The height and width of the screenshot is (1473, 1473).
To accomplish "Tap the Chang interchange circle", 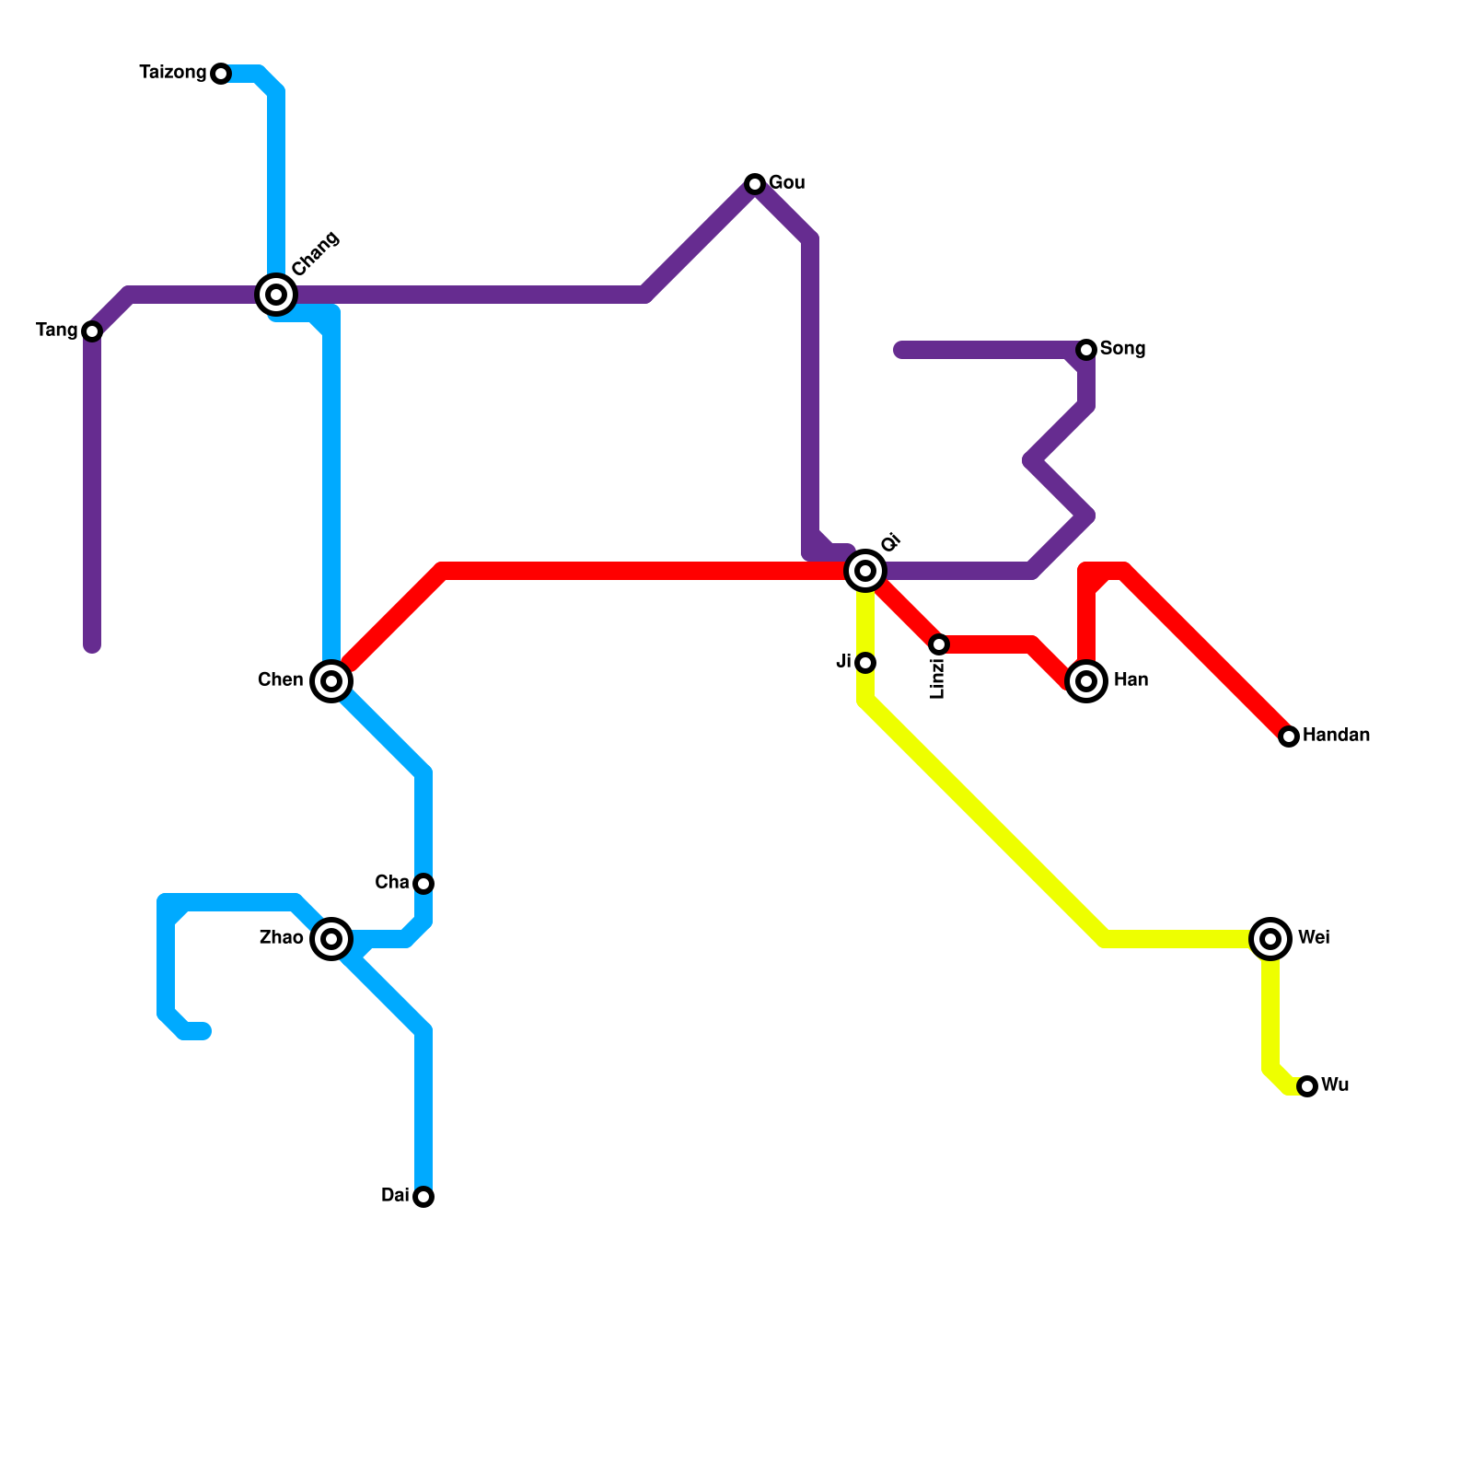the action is pyautogui.click(x=276, y=295).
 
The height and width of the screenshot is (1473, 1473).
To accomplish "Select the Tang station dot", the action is pyautogui.click(x=92, y=331).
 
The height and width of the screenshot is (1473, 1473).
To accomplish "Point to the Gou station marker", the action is pyautogui.click(x=755, y=184).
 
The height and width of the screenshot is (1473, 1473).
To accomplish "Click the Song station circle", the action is pyautogui.click(x=1086, y=350).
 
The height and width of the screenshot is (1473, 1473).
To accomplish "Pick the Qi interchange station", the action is pyautogui.click(x=865, y=571).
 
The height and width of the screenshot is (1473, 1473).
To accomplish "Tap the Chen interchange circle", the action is pyautogui.click(x=331, y=681).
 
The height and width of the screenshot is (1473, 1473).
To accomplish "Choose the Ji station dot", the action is pyautogui.click(x=865, y=663).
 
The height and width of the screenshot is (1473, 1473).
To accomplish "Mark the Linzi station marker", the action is pyautogui.click(x=939, y=644).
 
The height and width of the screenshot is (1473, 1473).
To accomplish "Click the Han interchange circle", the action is pyautogui.click(x=1086, y=681).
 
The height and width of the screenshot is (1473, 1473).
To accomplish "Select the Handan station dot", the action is pyautogui.click(x=1289, y=736).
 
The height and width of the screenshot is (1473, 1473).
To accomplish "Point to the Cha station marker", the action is pyautogui.click(x=423, y=884).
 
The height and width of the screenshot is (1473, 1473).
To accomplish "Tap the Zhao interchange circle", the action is pyautogui.click(x=331, y=939).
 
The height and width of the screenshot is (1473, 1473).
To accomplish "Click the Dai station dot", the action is pyautogui.click(x=423, y=1197).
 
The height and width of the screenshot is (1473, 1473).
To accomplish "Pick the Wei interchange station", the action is pyautogui.click(x=1270, y=939).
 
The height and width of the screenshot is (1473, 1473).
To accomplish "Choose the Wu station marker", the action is pyautogui.click(x=1307, y=1086).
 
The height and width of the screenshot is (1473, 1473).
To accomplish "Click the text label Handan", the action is pyautogui.click(x=1336, y=736).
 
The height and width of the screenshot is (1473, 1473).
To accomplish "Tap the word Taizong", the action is pyautogui.click(x=173, y=73).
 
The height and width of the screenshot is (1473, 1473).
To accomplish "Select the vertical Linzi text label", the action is pyautogui.click(x=938, y=679).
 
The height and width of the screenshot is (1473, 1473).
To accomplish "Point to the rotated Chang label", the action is pyautogui.click(x=316, y=253).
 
